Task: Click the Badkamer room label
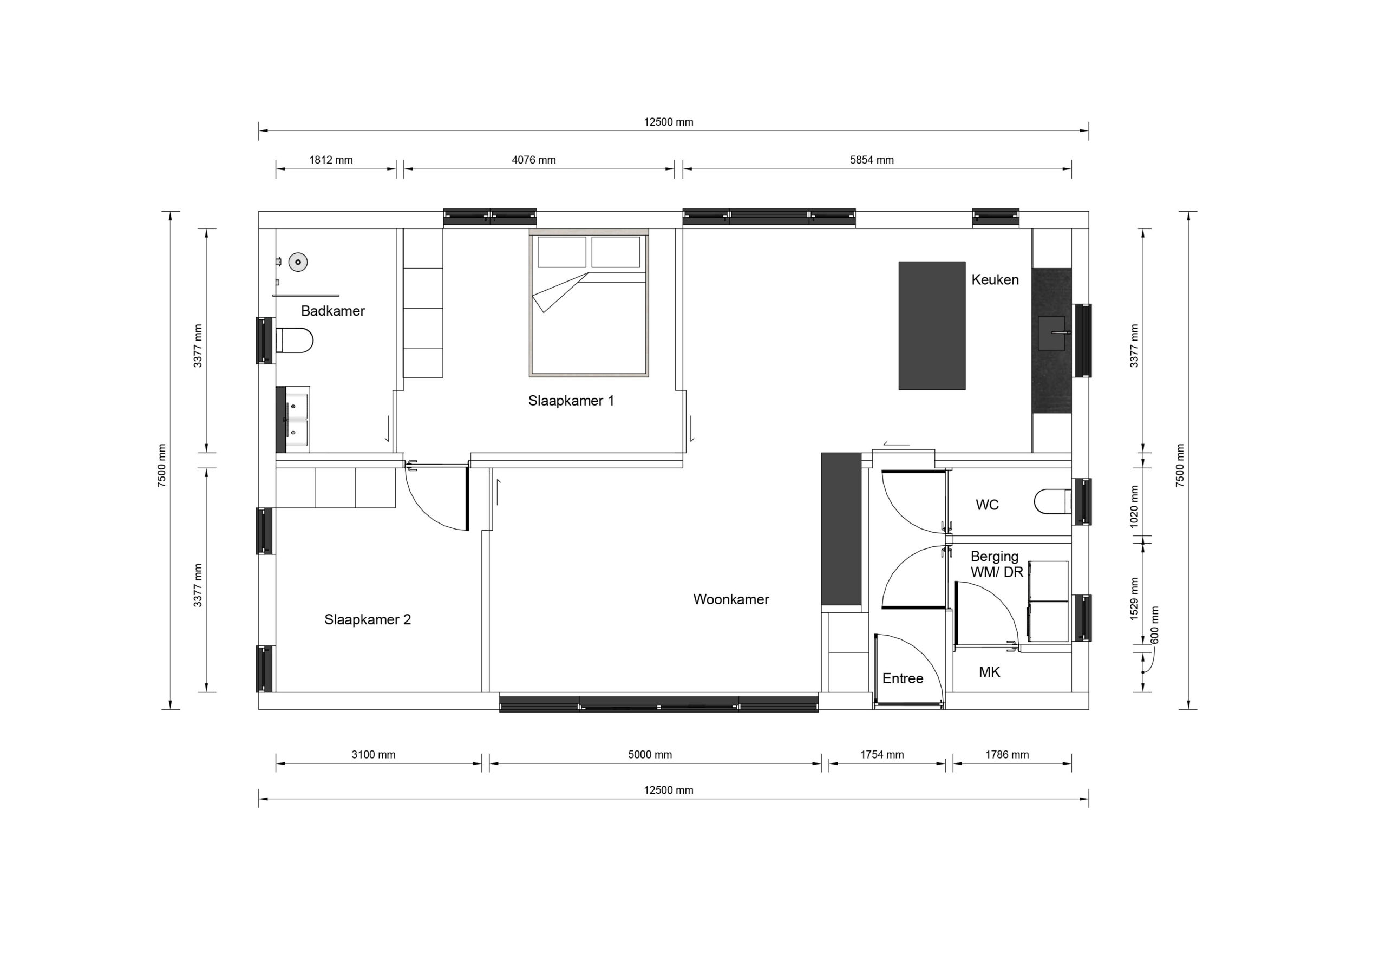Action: tap(332, 311)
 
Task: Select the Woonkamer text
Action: tap(731, 599)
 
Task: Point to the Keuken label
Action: tap(995, 279)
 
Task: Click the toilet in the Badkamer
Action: tap(295, 341)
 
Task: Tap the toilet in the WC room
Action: tap(1053, 501)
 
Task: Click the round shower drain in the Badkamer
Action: tap(298, 262)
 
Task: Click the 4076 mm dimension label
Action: tap(534, 160)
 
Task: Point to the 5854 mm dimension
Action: tap(872, 160)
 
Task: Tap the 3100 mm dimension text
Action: tap(374, 755)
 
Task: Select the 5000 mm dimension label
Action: tap(650, 755)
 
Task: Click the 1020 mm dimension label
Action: tap(1134, 507)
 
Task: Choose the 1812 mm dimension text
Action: tap(331, 160)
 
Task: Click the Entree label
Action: tap(903, 679)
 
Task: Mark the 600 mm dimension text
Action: tap(1155, 625)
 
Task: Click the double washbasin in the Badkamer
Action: tap(293, 420)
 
